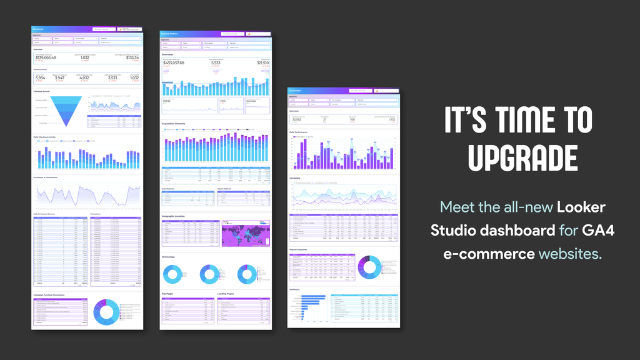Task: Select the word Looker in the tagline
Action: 581,206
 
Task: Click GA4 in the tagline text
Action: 598,230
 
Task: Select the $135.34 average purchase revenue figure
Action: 132,57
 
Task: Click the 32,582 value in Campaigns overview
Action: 297,119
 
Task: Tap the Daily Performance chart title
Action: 299,132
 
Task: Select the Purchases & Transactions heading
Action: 47,177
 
